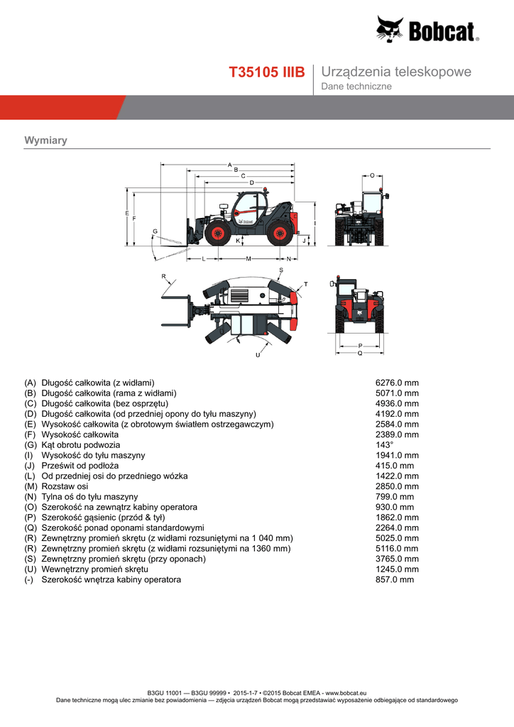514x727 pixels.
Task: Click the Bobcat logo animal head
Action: tap(390, 30)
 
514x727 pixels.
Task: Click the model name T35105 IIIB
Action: tap(266, 72)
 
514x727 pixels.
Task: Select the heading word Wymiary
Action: tap(45, 141)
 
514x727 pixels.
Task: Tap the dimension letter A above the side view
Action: tap(230, 165)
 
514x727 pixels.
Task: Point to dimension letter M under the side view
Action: tap(248, 258)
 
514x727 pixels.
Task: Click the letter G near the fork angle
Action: tap(155, 231)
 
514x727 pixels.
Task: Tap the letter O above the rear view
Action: tap(372, 175)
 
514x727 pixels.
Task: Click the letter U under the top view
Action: tap(257, 354)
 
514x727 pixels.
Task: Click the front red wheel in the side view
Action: tap(217, 233)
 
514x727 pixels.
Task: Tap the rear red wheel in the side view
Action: tap(280, 233)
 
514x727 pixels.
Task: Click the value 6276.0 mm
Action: tap(397, 383)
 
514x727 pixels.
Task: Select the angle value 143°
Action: tap(384, 445)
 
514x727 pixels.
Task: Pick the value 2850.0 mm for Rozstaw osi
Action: tap(397, 486)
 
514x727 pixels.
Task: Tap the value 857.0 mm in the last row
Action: tap(394, 579)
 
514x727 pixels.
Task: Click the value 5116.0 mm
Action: tap(397, 549)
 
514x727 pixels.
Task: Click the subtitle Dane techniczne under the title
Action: tap(356, 87)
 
